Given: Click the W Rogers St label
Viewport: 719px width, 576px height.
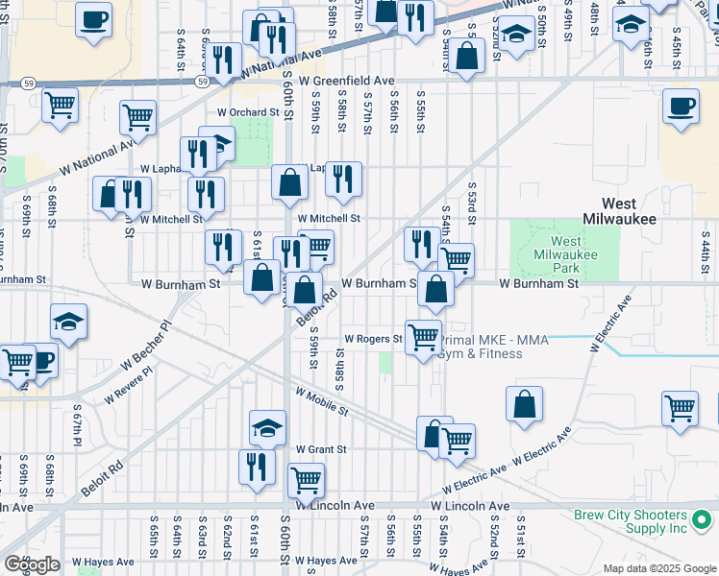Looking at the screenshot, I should pos(373,339).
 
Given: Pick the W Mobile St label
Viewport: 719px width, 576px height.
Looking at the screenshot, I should pos(322,401).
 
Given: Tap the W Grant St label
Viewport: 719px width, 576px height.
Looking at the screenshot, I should pos(321,448).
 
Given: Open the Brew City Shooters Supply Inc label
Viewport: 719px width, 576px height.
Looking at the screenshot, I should pos(631,521).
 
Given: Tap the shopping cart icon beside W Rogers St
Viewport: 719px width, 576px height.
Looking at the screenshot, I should pos(423,337).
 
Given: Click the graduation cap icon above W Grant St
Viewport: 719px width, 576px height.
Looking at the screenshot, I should pos(267,427).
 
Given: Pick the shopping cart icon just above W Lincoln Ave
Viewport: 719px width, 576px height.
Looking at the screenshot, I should pos(306,478).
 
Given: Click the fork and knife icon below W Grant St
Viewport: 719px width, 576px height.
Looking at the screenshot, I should pos(257,467).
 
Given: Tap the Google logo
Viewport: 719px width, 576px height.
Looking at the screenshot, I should pos(32,564).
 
